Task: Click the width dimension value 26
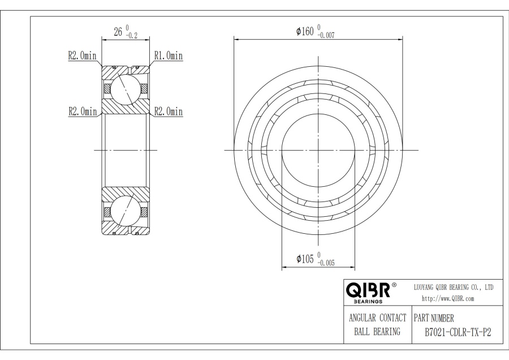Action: point(119,32)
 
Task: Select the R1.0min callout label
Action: point(169,55)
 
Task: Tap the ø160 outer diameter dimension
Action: point(306,32)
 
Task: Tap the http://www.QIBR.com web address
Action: point(448,298)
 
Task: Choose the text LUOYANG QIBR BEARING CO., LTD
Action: point(454,288)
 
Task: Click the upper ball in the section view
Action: point(124,89)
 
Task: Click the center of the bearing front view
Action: point(318,150)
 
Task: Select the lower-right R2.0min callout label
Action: point(169,112)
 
